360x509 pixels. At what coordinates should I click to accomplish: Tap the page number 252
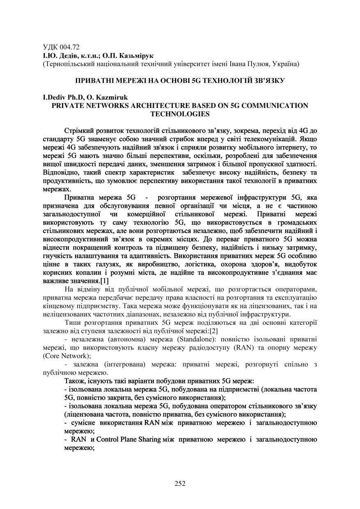[x=180, y=483]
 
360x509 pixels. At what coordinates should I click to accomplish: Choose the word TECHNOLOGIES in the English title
[x=180, y=114]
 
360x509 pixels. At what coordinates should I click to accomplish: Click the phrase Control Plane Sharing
[x=128, y=439]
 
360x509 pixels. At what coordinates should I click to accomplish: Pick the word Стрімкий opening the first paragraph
[x=78, y=131]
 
